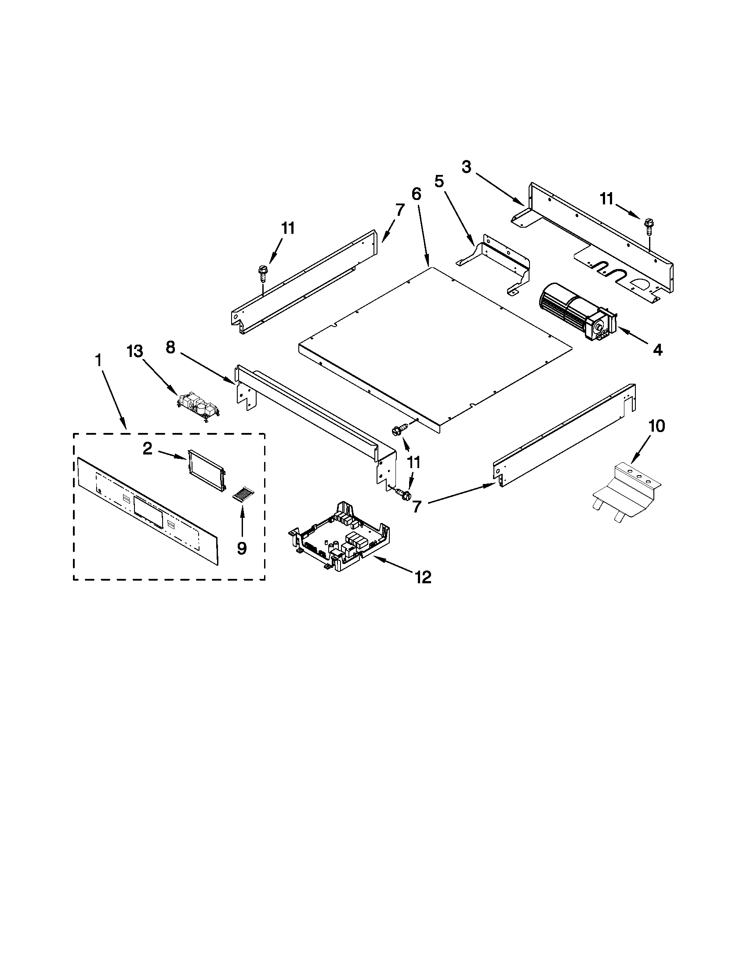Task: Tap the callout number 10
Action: click(x=656, y=426)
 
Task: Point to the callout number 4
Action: click(x=658, y=350)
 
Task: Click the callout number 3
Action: click(x=466, y=167)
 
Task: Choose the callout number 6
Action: click(x=416, y=194)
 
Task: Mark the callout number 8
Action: click(x=170, y=348)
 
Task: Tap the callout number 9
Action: click(x=241, y=548)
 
